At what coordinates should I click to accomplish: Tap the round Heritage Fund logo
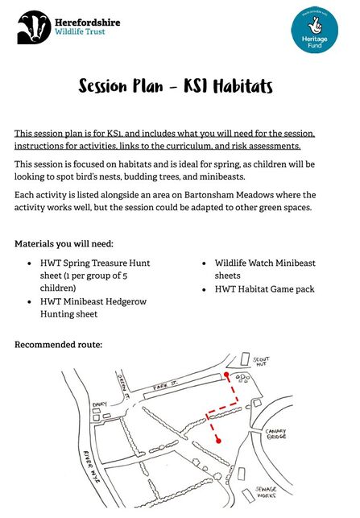coord(309,33)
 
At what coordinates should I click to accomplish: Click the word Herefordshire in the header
coord(89,22)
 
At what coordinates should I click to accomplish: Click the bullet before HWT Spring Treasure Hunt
coord(29,263)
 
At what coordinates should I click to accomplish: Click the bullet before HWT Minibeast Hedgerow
coord(29,301)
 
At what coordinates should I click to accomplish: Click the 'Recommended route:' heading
coord(58,344)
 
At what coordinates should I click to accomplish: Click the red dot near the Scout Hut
coord(227,376)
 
